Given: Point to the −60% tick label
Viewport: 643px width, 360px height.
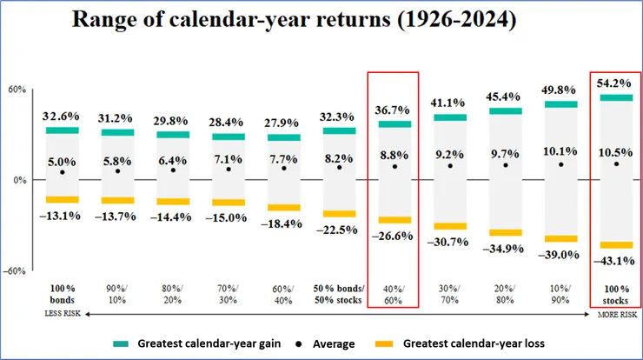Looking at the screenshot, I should [x=15, y=270].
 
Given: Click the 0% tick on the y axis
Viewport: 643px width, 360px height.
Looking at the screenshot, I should [x=19, y=180].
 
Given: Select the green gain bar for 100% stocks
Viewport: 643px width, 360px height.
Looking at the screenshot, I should [x=616, y=97].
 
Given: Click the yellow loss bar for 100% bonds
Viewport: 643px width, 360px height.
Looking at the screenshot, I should [x=62, y=200].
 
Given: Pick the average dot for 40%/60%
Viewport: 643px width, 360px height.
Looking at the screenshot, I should [x=394, y=166].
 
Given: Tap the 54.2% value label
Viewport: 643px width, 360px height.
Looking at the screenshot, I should [x=616, y=83].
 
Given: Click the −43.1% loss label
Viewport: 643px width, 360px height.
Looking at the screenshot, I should [x=616, y=260].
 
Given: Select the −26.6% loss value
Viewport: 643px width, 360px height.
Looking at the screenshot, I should [x=394, y=235].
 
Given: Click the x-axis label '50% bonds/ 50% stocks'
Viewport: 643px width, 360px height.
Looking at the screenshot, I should [x=339, y=291].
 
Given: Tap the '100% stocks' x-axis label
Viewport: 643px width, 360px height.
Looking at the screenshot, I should [x=616, y=291].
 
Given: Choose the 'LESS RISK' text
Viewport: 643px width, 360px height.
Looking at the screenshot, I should [x=62, y=313].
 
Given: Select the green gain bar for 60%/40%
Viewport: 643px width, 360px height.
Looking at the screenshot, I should [x=284, y=137].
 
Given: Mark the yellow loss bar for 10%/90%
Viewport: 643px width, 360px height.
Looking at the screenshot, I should [x=560, y=238].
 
